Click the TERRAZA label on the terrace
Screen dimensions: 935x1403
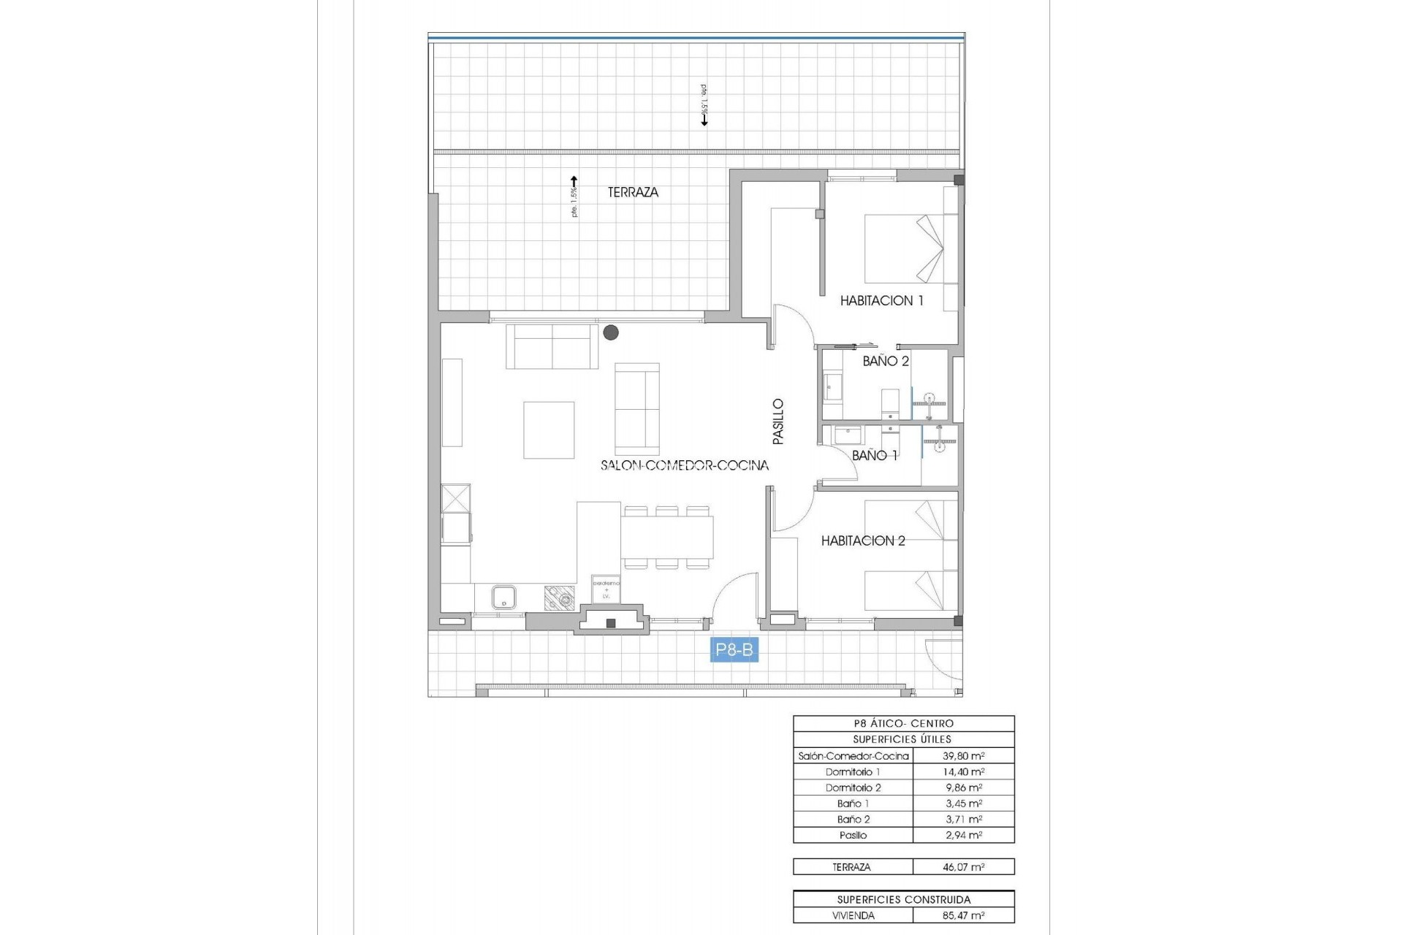[633, 192]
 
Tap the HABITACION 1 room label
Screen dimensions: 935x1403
[881, 300]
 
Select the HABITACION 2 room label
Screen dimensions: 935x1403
[863, 541]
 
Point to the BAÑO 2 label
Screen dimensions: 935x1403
[886, 361]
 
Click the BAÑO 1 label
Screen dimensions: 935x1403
[875, 455]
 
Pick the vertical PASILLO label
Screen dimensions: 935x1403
[778, 421]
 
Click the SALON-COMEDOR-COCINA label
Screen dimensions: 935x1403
[685, 465]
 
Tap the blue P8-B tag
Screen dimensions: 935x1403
[734, 650]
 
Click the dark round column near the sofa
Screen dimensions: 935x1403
[611, 333]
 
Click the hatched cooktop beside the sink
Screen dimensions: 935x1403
[560, 598]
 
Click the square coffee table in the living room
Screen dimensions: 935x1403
[549, 430]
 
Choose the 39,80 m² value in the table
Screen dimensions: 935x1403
[963, 756]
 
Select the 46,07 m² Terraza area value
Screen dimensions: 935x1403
[963, 867]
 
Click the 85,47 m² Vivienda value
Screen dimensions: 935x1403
[963, 915]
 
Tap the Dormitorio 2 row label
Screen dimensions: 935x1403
[853, 787]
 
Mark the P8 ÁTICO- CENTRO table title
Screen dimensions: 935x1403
[903, 723]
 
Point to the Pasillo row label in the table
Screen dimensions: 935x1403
[853, 835]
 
